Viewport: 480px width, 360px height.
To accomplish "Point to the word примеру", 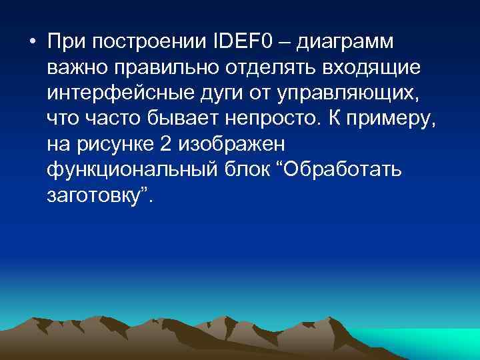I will [x=388, y=118].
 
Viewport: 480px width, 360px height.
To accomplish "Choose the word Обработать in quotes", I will [x=345, y=169].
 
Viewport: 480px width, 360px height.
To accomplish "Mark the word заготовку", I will [x=95, y=194].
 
